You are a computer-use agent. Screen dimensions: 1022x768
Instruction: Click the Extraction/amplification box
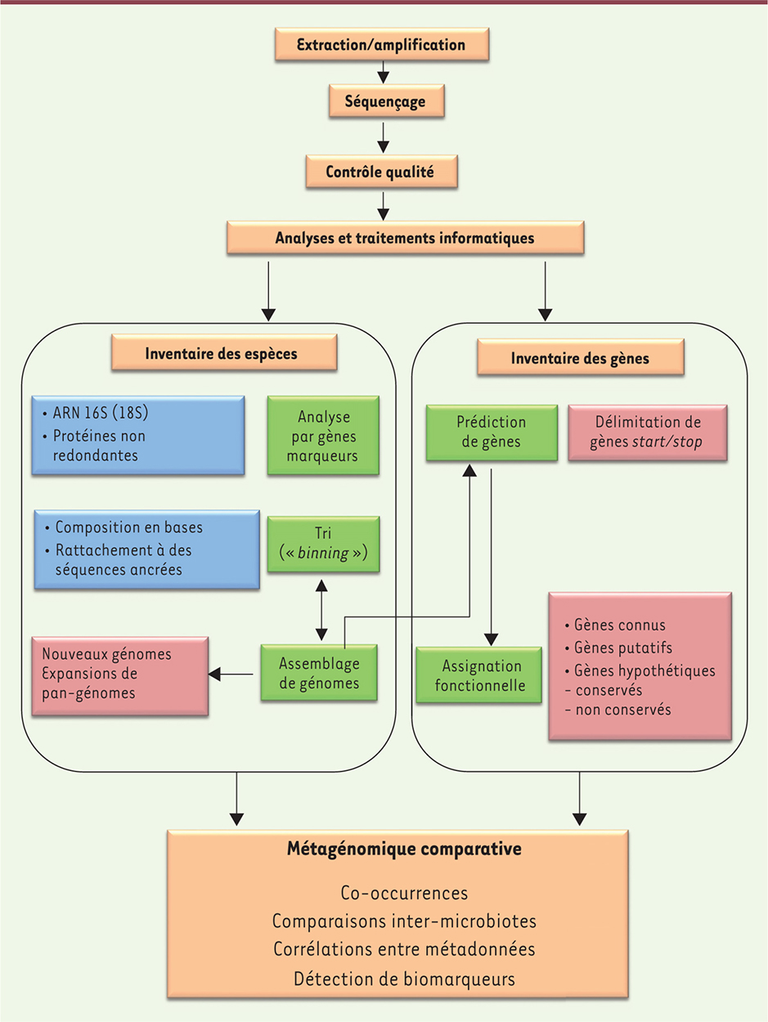(x=382, y=44)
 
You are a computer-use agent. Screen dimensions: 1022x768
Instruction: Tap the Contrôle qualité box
(x=380, y=172)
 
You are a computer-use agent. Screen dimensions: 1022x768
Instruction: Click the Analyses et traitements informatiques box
(x=405, y=238)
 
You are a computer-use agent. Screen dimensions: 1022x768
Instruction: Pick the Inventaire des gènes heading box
(x=581, y=357)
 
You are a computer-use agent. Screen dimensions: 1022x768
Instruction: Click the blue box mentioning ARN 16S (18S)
(x=137, y=435)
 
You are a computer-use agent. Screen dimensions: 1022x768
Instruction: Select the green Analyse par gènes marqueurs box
(x=323, y=435)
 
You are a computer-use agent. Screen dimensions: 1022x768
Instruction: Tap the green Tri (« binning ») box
(x=323, y=544)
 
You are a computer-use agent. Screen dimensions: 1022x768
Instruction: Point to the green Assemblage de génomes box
(x=319, y=672)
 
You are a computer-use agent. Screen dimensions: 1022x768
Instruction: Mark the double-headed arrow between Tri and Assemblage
(x=321, y=610)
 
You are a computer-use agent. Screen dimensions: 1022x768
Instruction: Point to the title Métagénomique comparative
(x=405, y=849)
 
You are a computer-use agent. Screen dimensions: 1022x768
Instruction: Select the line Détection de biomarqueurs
(x=404, y=978)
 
